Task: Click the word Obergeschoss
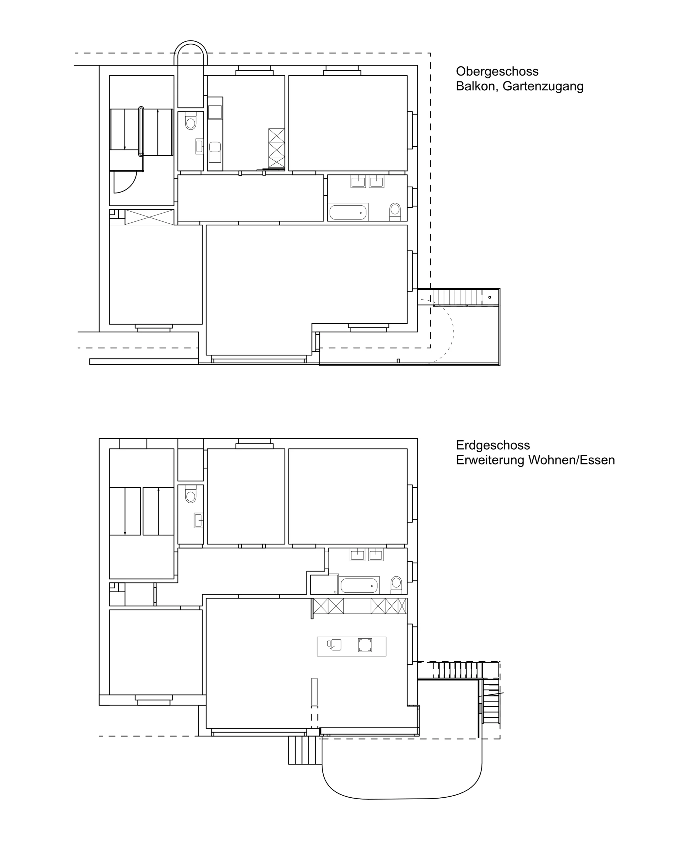pyautogui.click(x=497, y=71)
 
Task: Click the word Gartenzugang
pyautogui.click(x=543, y=86)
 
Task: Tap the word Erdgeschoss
pyautogui.click(x=493, y=445)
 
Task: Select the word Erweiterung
pyautogui.click(x=490, y=460)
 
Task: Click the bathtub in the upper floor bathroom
pyautogui.click(x=348, y=213)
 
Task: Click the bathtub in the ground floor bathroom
pyautogui.click(x=359, y=585)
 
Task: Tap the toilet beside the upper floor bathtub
pyautogui.click(x=395, y=212)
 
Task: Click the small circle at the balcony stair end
pyautogui.click(x=490, y=297)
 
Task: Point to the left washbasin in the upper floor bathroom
pyautogui.click(x=358, y=181)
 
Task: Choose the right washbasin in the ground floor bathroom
pyautogui.click(x=376, y=555)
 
